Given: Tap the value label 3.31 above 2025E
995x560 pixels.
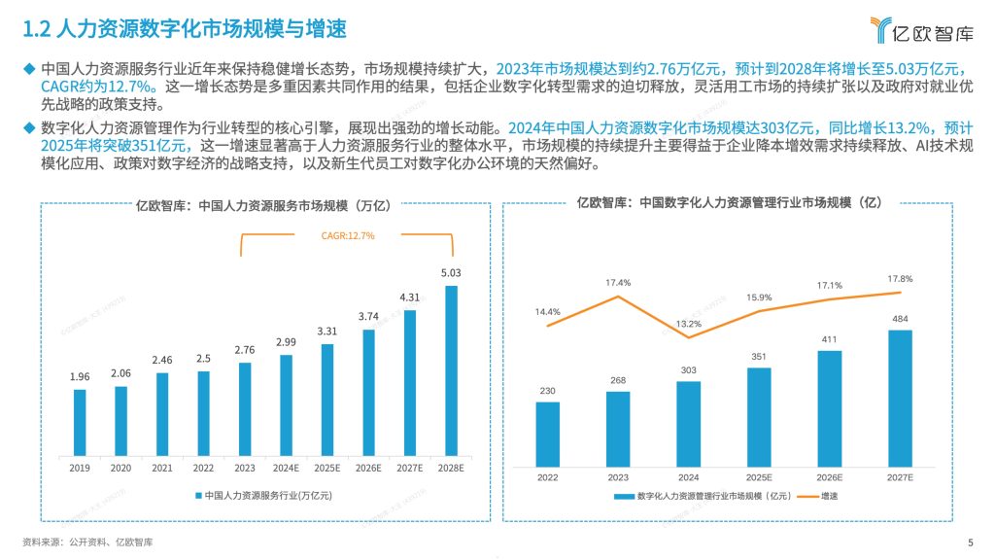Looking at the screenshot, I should click(327, 332).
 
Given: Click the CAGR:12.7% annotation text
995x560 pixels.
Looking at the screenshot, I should click(348, 235).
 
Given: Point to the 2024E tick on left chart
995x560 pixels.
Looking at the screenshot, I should click(286, 467).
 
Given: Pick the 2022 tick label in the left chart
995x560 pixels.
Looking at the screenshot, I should click(203, 467).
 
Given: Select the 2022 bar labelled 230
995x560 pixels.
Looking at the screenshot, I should click(547, 432).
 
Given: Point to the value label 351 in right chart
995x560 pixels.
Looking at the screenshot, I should click(759, 356).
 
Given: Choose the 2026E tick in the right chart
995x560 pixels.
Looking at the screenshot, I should click(829, 476).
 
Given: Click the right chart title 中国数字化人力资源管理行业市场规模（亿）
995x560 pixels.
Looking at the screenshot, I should click(729, 203).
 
